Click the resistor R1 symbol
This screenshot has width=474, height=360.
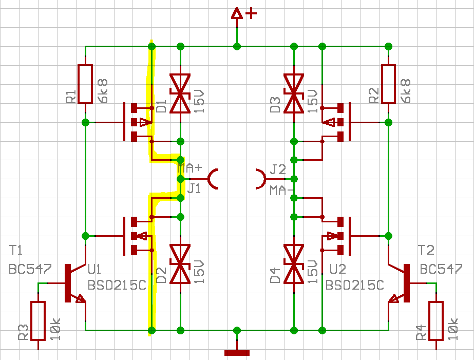(x=85, y=84)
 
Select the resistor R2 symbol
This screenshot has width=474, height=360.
(x=388, y=84)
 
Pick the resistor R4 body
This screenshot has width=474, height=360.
(x=435, y=321)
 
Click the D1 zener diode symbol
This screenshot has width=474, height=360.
(x=180, y=93)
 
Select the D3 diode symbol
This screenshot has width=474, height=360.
(x=294, y=93)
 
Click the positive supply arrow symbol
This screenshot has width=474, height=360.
(x=237, y=14)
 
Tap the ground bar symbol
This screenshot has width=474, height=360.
(x=237, y=352)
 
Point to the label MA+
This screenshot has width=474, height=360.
(x=189, y=168)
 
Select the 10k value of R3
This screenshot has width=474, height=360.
(x=55, y=329)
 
